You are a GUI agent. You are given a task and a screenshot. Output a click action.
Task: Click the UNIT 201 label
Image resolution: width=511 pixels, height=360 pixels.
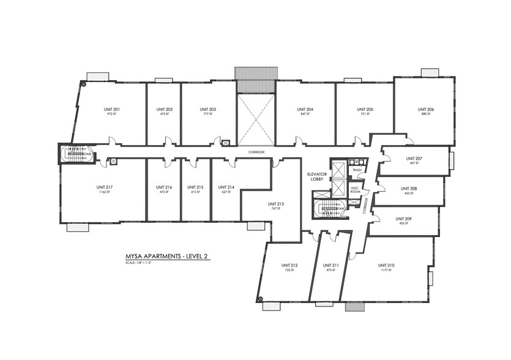click(112, 110)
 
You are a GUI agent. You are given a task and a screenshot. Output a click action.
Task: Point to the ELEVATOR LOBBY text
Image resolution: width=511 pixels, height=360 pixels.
click(318, 176)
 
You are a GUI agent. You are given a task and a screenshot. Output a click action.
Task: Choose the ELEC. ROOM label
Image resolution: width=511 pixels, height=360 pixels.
click(356, 190)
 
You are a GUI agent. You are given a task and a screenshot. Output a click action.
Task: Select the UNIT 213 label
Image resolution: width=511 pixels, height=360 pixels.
click(276, 203)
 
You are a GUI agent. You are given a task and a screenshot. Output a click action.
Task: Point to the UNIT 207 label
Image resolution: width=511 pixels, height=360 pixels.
click(414, 158)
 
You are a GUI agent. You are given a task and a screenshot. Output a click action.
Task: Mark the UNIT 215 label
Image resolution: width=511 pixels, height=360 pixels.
click(196, 187)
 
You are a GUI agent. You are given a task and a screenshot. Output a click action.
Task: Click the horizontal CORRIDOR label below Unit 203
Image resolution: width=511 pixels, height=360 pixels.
click(256, 151)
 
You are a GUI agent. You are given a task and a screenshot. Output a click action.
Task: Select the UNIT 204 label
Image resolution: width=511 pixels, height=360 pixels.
click(305, 110)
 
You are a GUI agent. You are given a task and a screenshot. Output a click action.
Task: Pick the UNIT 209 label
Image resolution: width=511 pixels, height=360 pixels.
click(403, 219)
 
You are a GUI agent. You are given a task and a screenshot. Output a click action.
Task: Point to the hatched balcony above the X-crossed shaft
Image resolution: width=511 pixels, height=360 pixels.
click(255, 73)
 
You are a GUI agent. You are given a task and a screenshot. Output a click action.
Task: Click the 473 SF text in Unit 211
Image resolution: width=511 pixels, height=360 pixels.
click(330, 270)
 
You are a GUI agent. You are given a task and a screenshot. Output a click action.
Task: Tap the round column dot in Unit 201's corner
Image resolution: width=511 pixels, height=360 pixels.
click(83, 84)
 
